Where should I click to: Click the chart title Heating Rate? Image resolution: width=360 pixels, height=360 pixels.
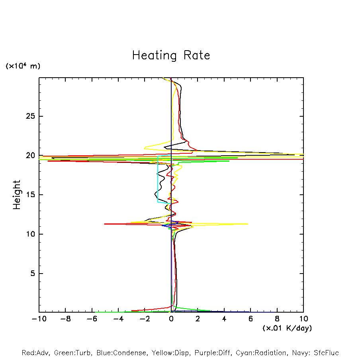click(x=171, y=55)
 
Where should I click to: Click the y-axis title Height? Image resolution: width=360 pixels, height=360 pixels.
click(x=17, y=195)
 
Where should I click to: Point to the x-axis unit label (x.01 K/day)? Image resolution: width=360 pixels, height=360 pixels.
click(x=287, y=328)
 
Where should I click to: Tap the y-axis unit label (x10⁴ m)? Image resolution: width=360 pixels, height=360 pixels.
click(x=23, y=66)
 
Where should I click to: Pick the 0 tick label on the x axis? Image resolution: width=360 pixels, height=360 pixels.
click(x=171, y=319)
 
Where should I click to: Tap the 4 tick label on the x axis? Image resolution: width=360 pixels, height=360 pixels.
click(x=224, y=319)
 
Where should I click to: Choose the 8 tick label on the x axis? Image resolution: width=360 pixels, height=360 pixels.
click(x=277, y=319)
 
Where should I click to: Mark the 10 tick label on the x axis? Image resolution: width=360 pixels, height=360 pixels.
click(x=303, y=319)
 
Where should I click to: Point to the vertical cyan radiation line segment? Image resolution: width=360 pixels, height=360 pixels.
click(x=158, y=179)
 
